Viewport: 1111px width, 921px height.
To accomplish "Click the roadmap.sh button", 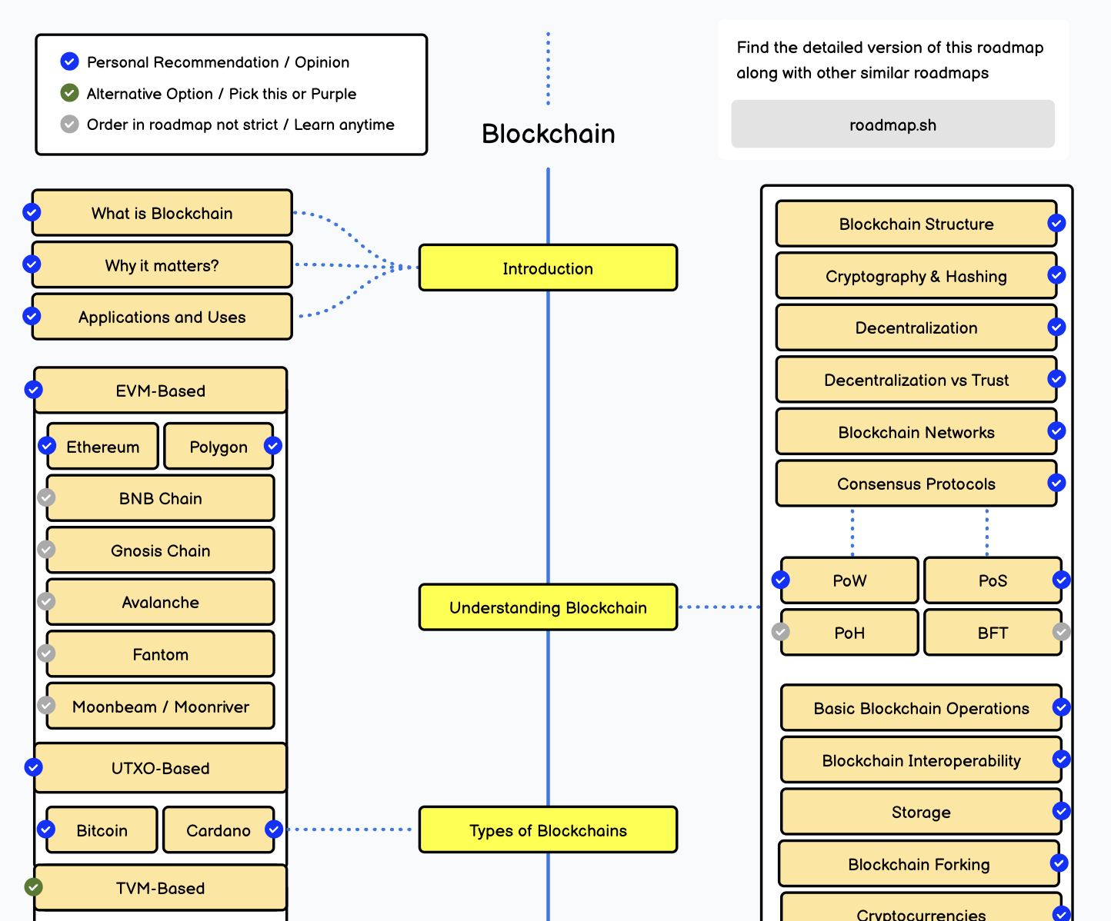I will (892, 125).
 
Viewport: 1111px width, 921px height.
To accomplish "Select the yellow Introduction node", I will (548, 268).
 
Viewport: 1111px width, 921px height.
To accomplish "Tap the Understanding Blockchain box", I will (548, 607).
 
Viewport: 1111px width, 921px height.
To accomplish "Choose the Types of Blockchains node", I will (548, 830).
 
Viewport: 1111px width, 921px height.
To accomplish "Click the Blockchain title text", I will (548, 134).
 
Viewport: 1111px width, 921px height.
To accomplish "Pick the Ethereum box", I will (103, 447).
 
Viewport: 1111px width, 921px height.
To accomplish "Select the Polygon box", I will (219, 447).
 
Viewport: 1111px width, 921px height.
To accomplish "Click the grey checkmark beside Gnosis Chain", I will (47, 549).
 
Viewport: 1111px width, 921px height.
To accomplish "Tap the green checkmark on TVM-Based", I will (33, 887).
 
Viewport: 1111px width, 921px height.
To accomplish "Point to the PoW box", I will (849, 580).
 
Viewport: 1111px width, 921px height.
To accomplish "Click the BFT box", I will (993, 633).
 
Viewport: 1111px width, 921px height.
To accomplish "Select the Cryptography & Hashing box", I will (916, 276).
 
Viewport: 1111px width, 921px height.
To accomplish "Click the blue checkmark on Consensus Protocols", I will (1056, 483).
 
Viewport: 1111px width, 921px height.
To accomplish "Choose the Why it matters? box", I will (162, 265).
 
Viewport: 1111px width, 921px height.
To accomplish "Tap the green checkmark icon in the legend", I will (69, 93).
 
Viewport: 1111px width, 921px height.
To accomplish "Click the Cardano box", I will (219, 830).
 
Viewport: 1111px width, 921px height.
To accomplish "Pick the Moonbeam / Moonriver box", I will (160, 707).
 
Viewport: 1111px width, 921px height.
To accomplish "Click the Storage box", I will (921, 812).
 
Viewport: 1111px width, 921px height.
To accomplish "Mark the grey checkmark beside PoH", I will (781, 632).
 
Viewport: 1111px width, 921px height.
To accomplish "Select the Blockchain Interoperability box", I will (921, 760).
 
